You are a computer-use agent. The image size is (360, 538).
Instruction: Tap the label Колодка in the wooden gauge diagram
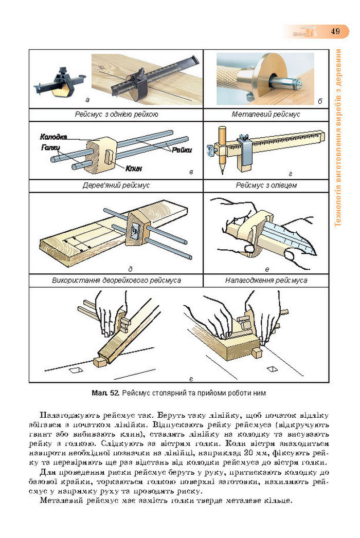53,137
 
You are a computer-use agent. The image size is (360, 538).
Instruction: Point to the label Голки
50,147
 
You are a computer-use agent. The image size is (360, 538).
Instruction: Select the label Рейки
182,150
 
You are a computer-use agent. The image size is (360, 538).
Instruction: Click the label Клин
133,168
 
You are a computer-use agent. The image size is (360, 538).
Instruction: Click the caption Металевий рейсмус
265,114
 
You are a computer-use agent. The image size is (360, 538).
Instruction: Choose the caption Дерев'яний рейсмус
116,185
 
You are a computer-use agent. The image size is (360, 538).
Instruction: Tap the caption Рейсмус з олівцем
266,185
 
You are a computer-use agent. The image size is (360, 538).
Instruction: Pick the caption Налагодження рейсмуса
266,281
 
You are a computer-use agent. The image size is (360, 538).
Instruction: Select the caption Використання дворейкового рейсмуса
116,281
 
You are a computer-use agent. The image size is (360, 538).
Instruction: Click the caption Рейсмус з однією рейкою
116,114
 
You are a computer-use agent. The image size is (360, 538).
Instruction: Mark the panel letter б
320,101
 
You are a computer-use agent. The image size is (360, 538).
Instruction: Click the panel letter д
131,269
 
